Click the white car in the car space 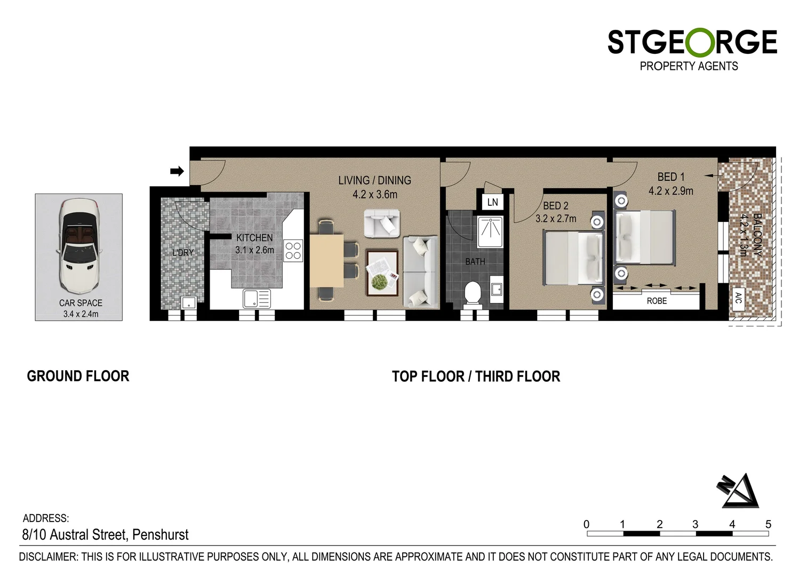tap(79, 247)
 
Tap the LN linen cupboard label tap(492, 202)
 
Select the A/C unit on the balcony tap(738, 298)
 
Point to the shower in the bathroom tap(490, 231)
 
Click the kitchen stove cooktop tap(293, 250)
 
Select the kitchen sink tap(257, 298)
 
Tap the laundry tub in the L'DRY tap(189, 303)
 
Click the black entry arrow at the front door tap(177, 171)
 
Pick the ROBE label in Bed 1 tap(657, 301)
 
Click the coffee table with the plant tap(382, 273)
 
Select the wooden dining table tap(326, 261)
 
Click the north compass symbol tap(739, 491)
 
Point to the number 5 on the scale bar tap(768, 524)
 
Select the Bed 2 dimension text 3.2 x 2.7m tap(556, 219)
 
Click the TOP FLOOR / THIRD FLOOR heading tap(476, 377)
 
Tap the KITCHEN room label tap(254, 238)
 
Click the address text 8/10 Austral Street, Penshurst tap(106, 534)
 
